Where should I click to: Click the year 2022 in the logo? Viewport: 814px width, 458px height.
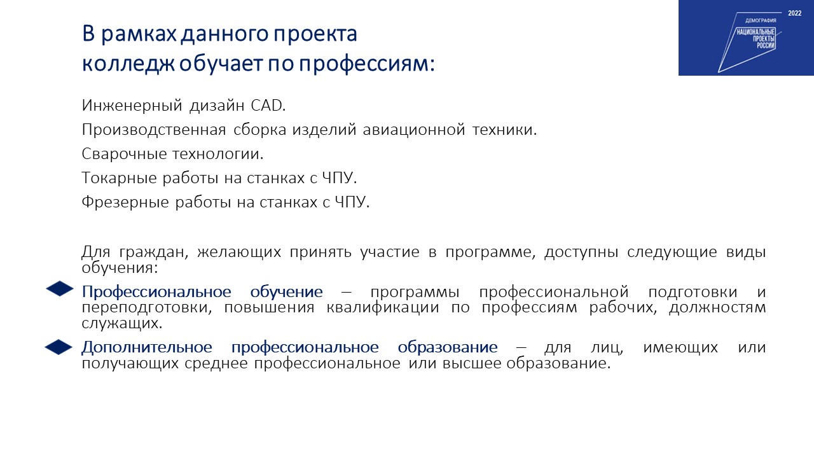pyautogui.click(x=795, y=13)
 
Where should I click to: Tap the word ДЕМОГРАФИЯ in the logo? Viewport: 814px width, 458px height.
pyautogui.click(x=761, y=21)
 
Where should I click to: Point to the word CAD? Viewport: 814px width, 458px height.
pyautogui.click(x=268, y=106)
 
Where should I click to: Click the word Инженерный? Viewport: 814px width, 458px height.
pyautogui.click(x=132, y=106)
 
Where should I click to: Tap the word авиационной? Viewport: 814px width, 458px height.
pyautogui.click(x=414, y=130)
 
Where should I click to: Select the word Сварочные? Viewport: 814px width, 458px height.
pyautogui.click(x=124, y=154)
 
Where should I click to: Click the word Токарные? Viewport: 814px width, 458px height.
pyautogui.click(x=119, y=179)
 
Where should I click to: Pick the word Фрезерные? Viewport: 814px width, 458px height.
pyautogui.click(x=125, y=202)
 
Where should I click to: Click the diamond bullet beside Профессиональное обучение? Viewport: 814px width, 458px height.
pyautogui.click(x=60, y=289)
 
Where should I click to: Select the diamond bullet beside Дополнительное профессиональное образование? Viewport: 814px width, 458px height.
pyautogui.click(x=59, y=347)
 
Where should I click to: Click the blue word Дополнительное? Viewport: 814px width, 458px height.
pyautogui.click(x=147, y=348)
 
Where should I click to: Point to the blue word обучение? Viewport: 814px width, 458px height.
pyautogui.click(x=286, y=292)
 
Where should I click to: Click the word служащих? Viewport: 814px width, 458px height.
pyautogui.click(x=121, y=324)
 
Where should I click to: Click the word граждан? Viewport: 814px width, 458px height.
pyautogui.click(x=153, y=253)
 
